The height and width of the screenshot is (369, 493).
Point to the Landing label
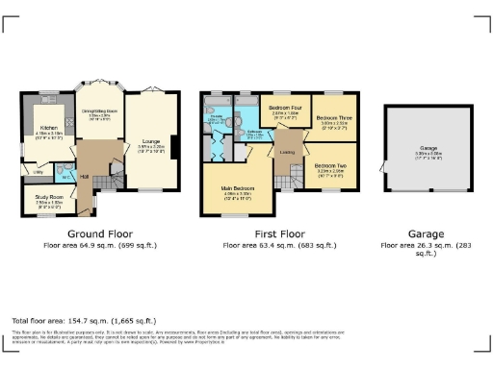tap(287, 151)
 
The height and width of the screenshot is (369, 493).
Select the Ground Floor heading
tap(100, 234)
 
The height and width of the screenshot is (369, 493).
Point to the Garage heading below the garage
tap(425, 234)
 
